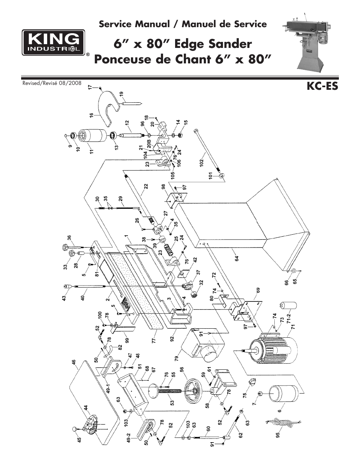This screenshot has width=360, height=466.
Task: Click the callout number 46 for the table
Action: (74, 363)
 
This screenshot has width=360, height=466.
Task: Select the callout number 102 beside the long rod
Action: (202, 163)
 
